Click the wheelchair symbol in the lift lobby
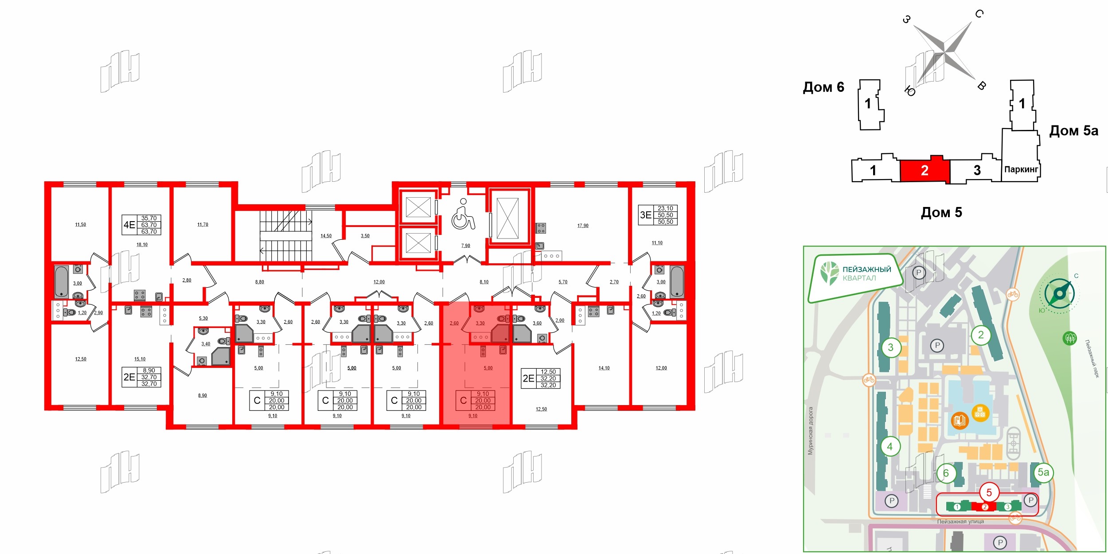463,215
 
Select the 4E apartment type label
129,225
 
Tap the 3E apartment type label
645,215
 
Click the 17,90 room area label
583,226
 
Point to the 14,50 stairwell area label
326,236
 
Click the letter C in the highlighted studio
463,400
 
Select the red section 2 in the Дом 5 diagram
925,170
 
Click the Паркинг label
1021,169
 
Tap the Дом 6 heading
823,87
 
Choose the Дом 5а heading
1073,131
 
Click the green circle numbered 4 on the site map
890,446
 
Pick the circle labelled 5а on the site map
1043,472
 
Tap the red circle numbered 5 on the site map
989,492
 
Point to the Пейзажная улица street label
960,522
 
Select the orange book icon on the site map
960,420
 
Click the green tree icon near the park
1069,339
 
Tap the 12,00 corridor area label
379,282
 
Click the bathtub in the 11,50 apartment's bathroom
62,281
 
